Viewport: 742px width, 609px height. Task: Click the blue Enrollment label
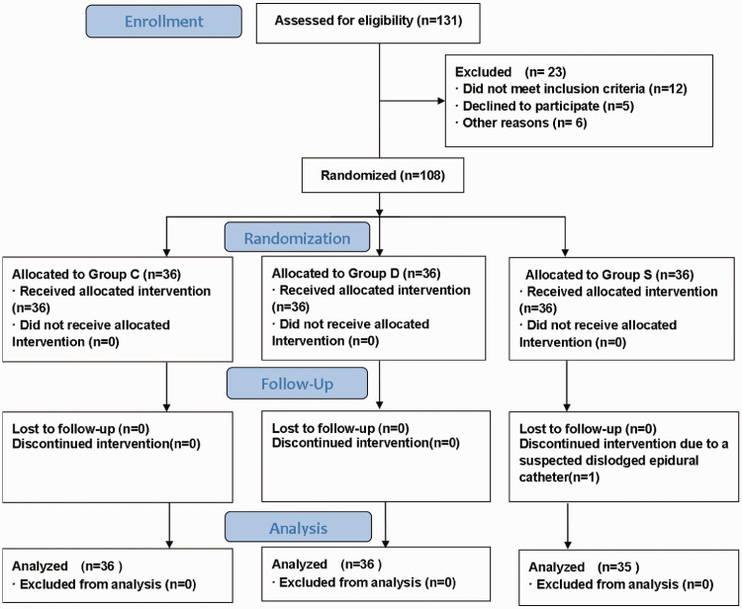click(x=163, y=22)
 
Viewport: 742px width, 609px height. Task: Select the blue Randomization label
click(x=297, y=237)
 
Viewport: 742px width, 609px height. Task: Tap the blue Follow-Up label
click(x=297, y=384)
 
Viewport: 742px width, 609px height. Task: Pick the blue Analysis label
click(x=298, y=527)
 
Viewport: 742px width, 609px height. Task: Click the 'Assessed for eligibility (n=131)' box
click(x=368, y=23)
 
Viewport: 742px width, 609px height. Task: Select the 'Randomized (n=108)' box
click(x=383, y=175)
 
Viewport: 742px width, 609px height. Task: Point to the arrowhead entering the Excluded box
click(x=441, y=101)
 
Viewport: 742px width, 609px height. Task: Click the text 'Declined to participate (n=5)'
click(x=548, y=106)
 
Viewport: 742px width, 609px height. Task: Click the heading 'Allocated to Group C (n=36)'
click(x=97, y=274)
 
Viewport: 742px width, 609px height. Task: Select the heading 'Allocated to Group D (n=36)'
click(x=356, y=273)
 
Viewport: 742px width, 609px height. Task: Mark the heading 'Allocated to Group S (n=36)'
click(x=609, y=275)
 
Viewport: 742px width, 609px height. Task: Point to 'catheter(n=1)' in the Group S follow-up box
click(x=559, y=478)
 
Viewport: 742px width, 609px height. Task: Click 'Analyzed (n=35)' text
click(x=584, y=566)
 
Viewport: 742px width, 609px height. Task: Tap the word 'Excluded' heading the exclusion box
click(x=483, y=72)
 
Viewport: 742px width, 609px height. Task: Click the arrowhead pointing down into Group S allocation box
click(x=565, y=252)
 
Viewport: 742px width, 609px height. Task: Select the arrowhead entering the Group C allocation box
click(x=166, y=252)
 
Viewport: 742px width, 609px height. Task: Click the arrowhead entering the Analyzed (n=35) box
click(x=568, y=545)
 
